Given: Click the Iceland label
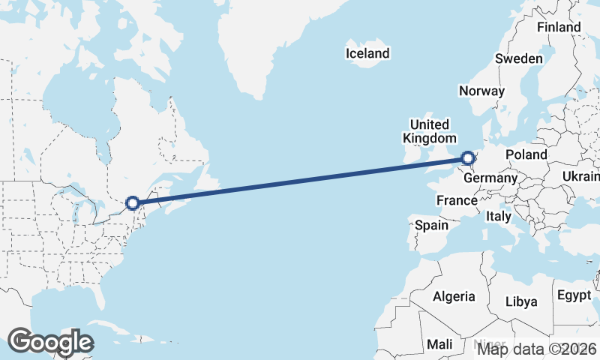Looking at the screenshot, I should [x=367, y=53].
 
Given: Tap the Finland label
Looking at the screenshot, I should [x=559, y=27].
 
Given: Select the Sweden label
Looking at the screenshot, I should [x=519, y=59].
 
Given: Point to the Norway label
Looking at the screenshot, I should [x=481, y=91].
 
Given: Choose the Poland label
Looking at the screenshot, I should [x=526, y=154].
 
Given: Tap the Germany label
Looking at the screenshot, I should [x=490, y=178].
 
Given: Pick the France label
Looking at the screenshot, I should [x=457, y=200].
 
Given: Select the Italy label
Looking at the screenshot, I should [x=498, y=216].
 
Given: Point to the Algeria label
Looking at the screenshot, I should [x=454, y=296].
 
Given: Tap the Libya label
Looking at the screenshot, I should [x=522, y=301].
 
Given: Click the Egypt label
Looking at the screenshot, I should [x=574, y=295].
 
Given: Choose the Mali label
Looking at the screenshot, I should [x=439, y=344].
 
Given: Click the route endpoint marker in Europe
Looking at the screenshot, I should [x=468, y=158].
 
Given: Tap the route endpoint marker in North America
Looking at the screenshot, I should [x=133, y=202].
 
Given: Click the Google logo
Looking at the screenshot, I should [x=50, y=341].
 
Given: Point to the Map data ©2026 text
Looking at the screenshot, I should [x=537, y=349].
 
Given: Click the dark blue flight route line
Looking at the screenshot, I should [x=300, y=181].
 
